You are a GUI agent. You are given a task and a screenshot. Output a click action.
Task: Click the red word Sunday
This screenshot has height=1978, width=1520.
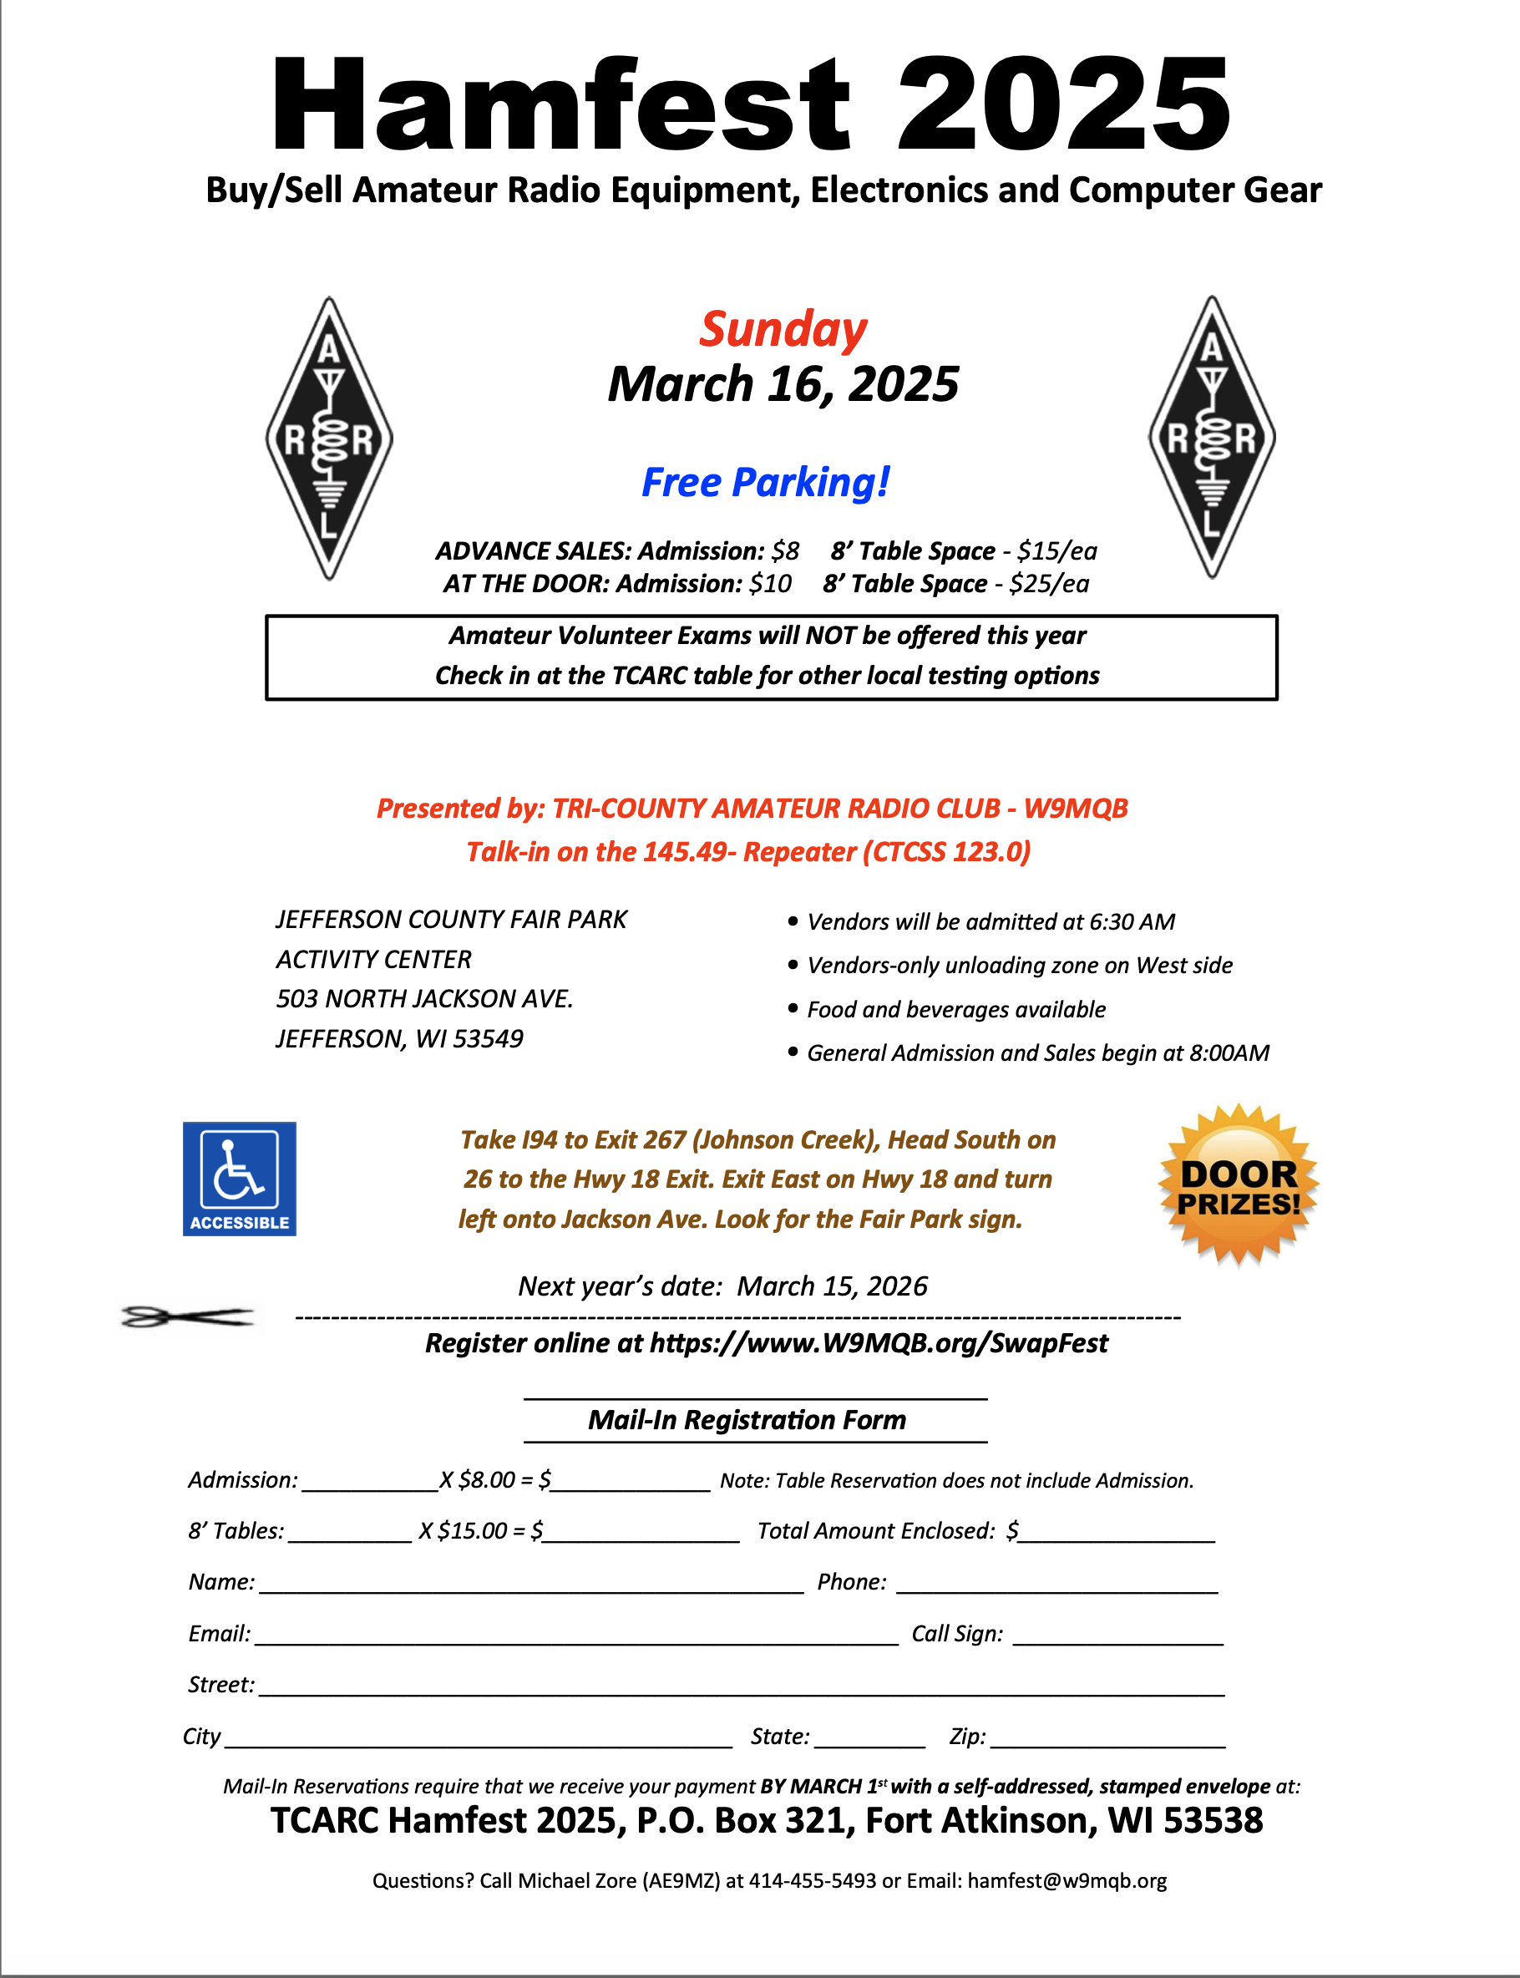tap(783, 329)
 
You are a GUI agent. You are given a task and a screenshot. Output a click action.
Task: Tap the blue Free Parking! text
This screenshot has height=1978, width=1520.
tap(765, 482)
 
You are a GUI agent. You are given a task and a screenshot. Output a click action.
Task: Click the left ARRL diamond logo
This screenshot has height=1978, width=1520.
tap(329, 438)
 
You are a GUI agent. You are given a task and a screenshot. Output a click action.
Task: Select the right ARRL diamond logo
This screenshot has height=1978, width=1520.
tap(1212, 437)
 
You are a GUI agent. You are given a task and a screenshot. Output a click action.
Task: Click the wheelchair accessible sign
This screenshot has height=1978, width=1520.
tap(240, 1178)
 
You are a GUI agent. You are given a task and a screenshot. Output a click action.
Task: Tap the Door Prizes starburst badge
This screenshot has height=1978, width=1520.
tap(1239, 1186)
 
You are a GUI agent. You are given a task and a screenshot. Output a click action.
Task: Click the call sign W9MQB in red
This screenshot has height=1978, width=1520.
tap(1076, 808)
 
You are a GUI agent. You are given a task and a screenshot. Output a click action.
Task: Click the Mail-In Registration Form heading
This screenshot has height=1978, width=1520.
tap(747, 1420)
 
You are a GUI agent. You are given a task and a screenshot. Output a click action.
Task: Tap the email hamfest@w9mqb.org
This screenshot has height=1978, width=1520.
tap(1067, 1880)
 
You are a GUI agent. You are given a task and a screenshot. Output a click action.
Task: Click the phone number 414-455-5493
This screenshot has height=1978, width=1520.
tap(812, 1880)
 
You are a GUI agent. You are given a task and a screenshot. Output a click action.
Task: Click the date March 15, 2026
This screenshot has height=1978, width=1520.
tap(832, 1286)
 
